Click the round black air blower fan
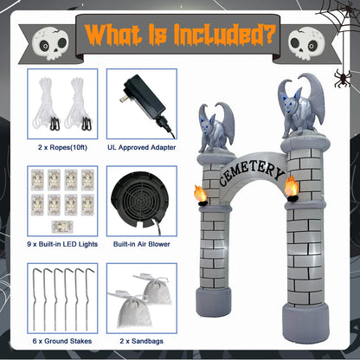click(141, 196)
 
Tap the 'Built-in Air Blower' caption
click(141, 245)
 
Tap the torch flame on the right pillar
click(292, 184)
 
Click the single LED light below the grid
click(61, 225)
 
